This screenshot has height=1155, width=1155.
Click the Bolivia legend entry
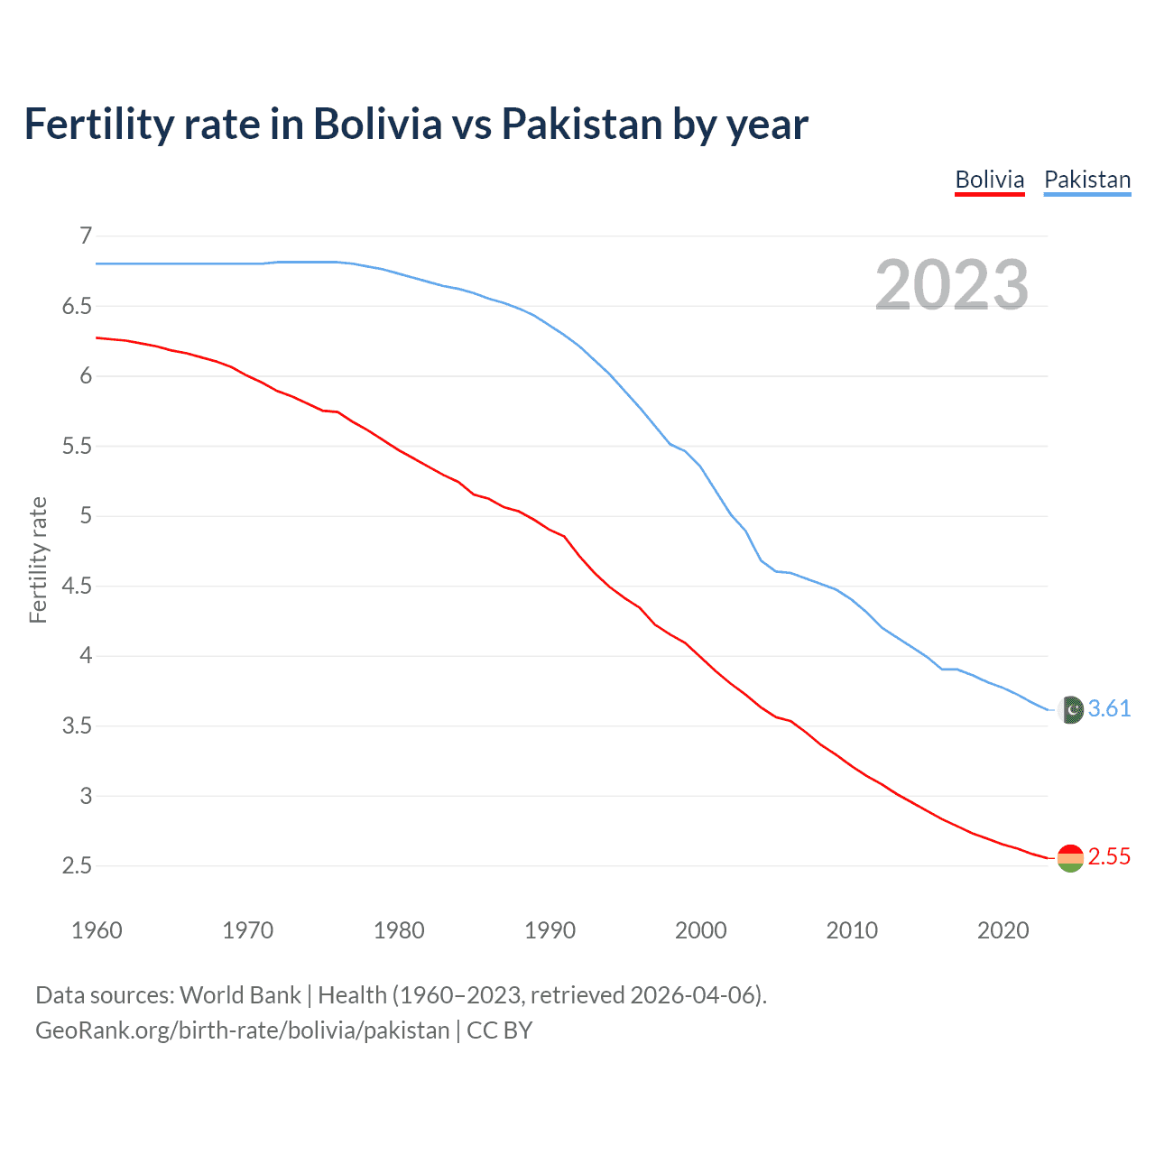pos(990,180)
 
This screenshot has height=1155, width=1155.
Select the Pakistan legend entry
pos(1087,180)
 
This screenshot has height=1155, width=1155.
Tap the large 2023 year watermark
pos(952,285)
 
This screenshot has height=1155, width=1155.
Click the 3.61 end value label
pos(1109,709)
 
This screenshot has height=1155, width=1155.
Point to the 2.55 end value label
pos(1109,857)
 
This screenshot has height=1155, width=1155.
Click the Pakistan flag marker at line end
pos(1070,710)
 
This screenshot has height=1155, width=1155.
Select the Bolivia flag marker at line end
pos(1070,858)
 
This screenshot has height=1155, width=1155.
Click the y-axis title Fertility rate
pos(38,559)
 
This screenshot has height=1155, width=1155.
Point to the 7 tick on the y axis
pos(87,236)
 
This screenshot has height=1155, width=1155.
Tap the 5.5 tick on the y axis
pos(78,447)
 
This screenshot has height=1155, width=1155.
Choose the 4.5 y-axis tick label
pos(78,587)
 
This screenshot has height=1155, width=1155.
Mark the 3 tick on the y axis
pos(87,797)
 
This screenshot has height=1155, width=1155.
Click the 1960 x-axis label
pos(97,930)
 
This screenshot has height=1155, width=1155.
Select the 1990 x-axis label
pos(550,930)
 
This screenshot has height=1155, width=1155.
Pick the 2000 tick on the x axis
pos(700,930)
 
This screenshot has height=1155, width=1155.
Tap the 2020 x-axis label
pos(1003,930)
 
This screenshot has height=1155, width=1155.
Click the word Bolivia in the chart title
pos(377,125)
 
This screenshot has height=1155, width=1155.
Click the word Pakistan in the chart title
pos(582,125)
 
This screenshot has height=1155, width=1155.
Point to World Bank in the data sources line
pos(240,995)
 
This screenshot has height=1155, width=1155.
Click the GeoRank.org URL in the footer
pos(242,1030)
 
